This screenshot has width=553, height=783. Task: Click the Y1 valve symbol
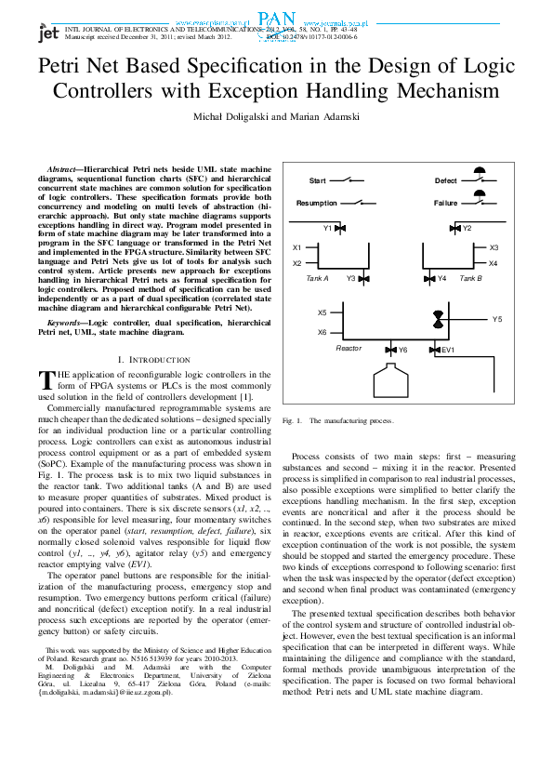point(341,228)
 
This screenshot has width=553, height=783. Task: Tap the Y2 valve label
point(467,228)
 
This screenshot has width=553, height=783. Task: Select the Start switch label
point(317,179)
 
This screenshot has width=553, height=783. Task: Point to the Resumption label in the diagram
point(317,203)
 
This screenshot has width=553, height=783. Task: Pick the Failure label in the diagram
point(446,203)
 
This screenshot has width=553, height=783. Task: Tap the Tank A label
point(317,278)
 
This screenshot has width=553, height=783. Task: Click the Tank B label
point(471,278)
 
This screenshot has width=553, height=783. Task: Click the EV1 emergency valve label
point(448,350)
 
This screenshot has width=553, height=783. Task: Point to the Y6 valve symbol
point(390,350)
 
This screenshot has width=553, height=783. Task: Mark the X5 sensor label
point(322,313)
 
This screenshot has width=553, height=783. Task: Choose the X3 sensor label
point(494,248)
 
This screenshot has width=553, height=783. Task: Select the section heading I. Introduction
point(154,359)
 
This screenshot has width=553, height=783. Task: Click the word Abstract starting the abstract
point(62,162)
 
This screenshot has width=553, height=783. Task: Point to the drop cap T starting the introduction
point(46,379)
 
